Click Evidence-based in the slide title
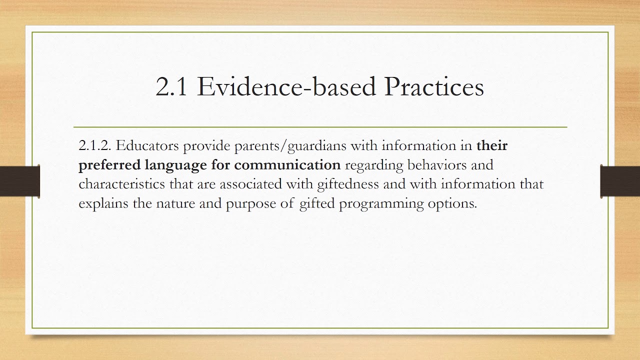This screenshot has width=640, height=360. pyautogui.click(x=286, y=87)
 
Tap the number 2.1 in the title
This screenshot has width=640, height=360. pyautogui.click(x=171, y=87)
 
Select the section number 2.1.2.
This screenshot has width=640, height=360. pyautogui.click(x=95, y=146)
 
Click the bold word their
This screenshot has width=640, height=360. pyautogui.click(x=492, y=146)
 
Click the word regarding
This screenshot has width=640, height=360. pyautogui.click(x=374, y=165)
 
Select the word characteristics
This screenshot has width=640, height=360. pyautogui.click(x=121, y=184)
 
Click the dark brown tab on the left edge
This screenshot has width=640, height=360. pyautogui.click(x=19, y=180)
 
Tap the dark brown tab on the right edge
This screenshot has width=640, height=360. pyautogui.click(x=620, y=180)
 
